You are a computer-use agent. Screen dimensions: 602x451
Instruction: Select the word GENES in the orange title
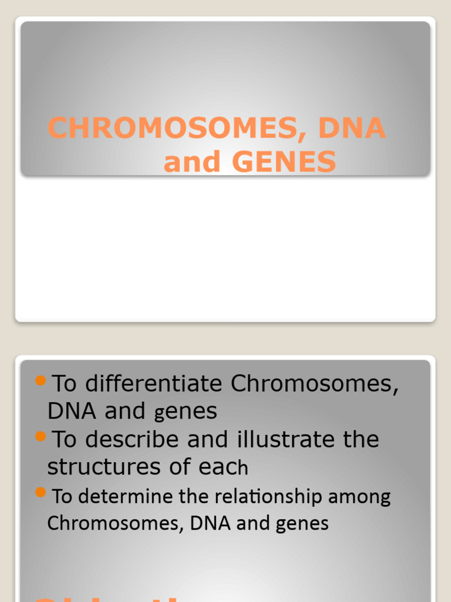click(x=284, y=162)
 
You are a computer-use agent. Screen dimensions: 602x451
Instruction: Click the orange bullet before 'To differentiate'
click(x=41, y=381)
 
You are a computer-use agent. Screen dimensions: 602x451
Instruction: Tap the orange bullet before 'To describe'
click(x=41, y=436)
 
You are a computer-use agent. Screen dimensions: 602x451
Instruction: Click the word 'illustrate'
click(x=287, y=439)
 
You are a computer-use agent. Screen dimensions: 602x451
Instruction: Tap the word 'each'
click(x=224, y=467)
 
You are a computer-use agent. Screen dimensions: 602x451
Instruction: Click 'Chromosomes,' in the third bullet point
click(x=116, y=523)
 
